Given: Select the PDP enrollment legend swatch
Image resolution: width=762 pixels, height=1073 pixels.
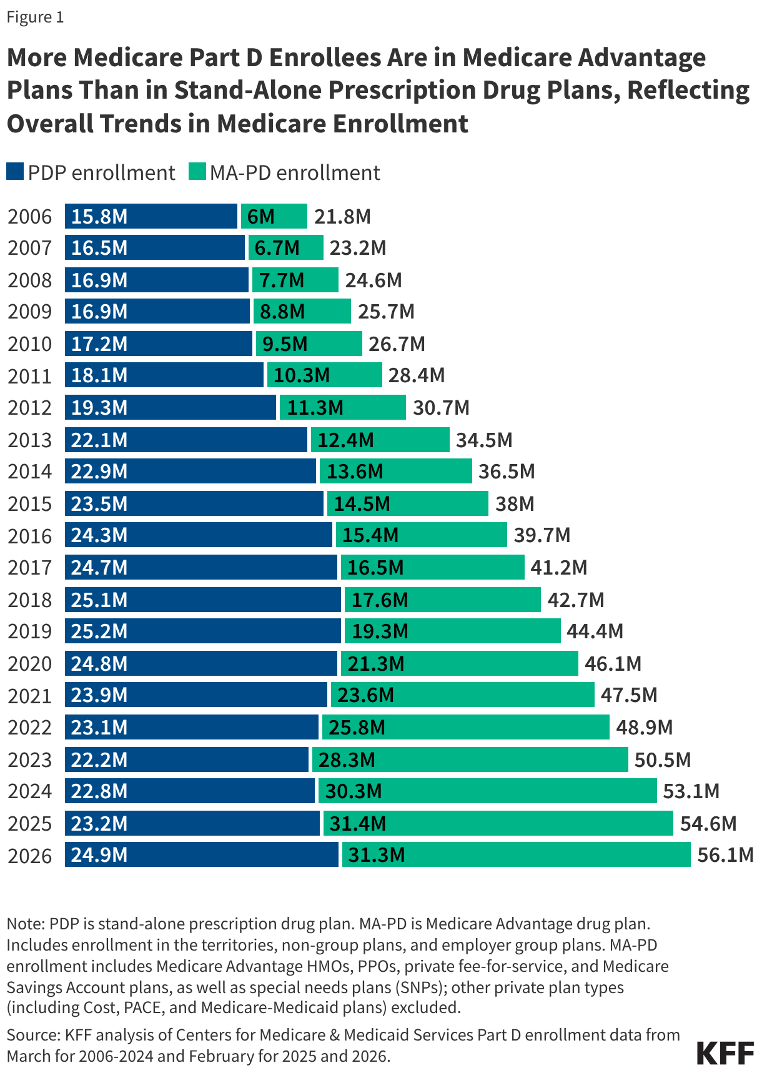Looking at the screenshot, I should (15, 172).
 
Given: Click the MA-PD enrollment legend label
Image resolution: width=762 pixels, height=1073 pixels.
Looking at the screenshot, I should (295, 173).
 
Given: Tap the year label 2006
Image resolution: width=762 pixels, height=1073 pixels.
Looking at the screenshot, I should (29, 216).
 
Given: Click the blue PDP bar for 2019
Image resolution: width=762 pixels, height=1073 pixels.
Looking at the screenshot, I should (202, 631).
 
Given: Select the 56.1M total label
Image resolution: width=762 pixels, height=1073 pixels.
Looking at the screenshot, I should (725, 854).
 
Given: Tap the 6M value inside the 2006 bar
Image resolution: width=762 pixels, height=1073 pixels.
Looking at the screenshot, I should (260, 216).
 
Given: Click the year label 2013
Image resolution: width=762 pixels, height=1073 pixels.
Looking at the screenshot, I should (29, 440).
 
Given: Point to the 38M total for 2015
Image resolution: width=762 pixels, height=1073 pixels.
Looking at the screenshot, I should (515, 503).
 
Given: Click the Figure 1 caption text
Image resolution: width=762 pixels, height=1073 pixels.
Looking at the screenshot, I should (35, 17).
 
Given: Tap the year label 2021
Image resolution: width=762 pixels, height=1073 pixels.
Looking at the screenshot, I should (29, 695).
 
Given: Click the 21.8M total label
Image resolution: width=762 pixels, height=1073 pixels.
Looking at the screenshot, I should (342, 216).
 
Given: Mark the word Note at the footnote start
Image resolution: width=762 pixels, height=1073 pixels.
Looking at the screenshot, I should (24, 923).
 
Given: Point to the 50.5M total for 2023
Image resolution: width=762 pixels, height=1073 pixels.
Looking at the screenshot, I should (663, 759).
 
